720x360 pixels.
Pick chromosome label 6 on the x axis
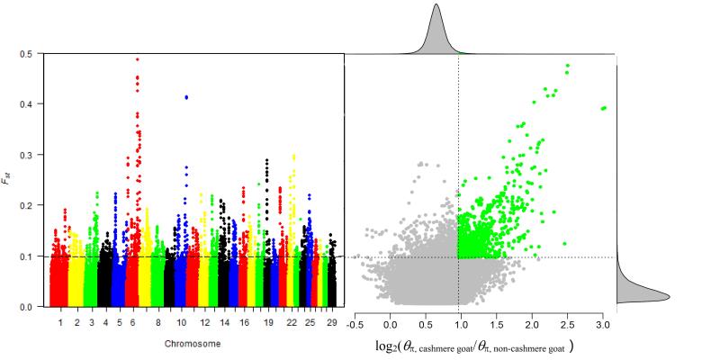point(132,321)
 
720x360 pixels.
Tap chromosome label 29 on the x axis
point(332,321)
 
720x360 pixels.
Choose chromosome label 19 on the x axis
point(267,321)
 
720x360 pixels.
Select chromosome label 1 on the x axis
point(60,321)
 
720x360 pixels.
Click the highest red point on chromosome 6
point(137,59)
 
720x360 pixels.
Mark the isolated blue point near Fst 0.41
point(186,97)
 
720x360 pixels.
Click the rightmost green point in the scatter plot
point(604,108)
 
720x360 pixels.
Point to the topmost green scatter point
point(567,66)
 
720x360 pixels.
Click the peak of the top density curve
point(436,5)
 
